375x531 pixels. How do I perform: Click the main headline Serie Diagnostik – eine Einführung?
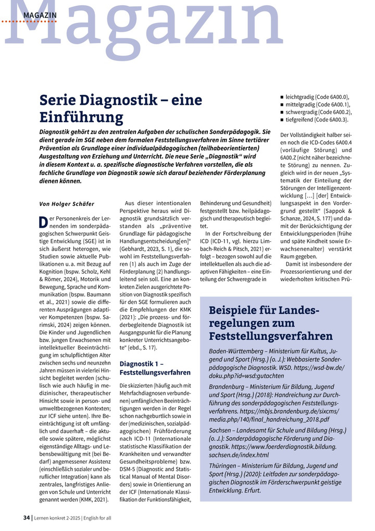121,108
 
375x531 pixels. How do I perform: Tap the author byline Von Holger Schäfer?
67,204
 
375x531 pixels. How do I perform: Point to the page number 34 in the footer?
27,517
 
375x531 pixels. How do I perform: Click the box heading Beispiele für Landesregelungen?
270,323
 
